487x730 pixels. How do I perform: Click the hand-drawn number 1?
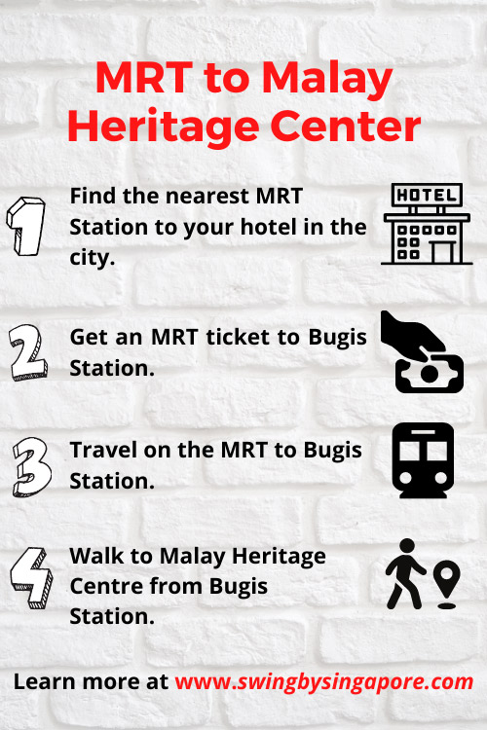click(x=26, y=226)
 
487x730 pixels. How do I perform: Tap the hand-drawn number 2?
click(x=28, y=352)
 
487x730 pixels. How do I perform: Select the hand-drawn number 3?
click(x=32, y=466)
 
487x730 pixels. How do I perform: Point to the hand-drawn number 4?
click(x=32, y=578)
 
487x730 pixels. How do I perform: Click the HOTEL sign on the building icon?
click(x=427, y=195)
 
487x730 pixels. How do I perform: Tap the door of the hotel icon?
click(x=443, y=252)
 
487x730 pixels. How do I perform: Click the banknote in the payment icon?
click(x=430, y=374)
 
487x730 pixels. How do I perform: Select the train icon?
click(x=423, y=460)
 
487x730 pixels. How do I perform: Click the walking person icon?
click(x=404, y=573)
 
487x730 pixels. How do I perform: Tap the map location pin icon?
click(x=446, y=584)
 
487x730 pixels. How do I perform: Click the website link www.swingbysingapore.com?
click(x=324, y=682)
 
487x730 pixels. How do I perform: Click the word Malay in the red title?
click(x=326, y=79)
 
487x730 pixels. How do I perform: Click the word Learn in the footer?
click(x=45, y=681)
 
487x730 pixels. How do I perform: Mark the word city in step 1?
click(x=93, y=258)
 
